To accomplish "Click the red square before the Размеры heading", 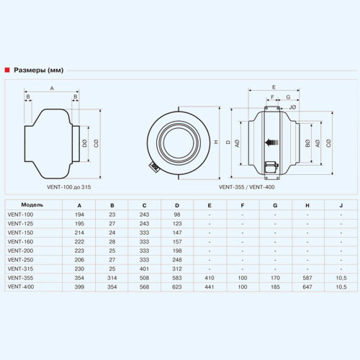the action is click(x=7, y=70).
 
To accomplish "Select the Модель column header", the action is click(x=32, y=205).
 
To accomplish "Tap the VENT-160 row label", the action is click(x=20, y=242).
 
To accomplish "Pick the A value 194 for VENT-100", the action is click(x=79, y=215).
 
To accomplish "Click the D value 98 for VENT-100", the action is click(x=177, y=215).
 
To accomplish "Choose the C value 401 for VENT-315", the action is click(x=144, y=269).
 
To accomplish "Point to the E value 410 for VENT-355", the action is click(x=210, y=278).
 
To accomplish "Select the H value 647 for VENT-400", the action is click(x=307, y=287).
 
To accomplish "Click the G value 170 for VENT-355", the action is click(x=275, y=278).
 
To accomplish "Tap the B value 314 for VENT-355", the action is click(x=112, y=278).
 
